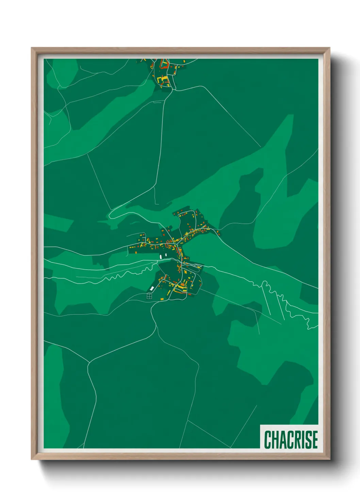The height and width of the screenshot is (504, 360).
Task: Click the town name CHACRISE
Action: coord(291,439)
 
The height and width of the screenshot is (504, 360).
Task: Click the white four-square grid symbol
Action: coord(149,296)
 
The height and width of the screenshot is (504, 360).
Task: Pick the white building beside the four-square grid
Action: coord(152,289)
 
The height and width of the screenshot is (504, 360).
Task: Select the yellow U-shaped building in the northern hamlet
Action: coord(164,80)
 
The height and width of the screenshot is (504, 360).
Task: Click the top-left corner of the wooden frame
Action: coord(32,48)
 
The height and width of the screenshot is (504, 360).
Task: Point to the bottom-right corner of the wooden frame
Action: coord(329,459)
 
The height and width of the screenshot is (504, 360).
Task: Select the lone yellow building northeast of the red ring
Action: coord(184,61)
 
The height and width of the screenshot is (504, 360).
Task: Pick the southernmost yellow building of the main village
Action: coord(162,299)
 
